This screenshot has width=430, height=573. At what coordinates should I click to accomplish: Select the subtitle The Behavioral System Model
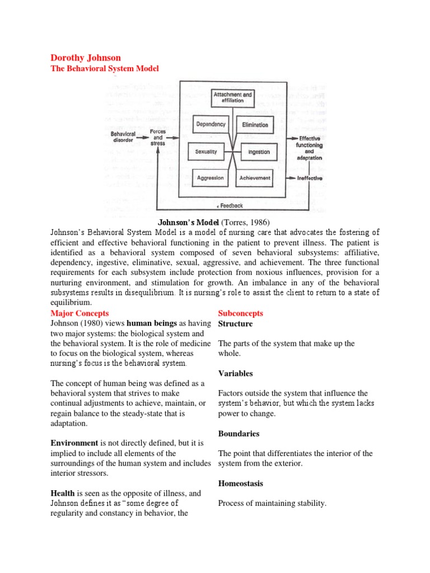105,68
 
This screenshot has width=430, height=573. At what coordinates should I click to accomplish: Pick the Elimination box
255,125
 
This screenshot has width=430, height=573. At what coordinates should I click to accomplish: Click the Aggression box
210,178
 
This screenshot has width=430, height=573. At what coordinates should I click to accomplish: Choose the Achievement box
255,178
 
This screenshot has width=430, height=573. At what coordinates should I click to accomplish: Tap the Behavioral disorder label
123,137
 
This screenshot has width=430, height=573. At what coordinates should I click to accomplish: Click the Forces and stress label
158,137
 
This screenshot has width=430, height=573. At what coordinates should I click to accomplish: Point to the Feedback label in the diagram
230,205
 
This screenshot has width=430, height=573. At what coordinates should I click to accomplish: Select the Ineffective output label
310,178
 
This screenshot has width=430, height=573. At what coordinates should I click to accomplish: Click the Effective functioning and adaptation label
310,148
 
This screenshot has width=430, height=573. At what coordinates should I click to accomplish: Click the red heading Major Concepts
80,313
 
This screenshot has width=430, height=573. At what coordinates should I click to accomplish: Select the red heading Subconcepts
240,313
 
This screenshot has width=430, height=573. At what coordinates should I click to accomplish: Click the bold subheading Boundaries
239,433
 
